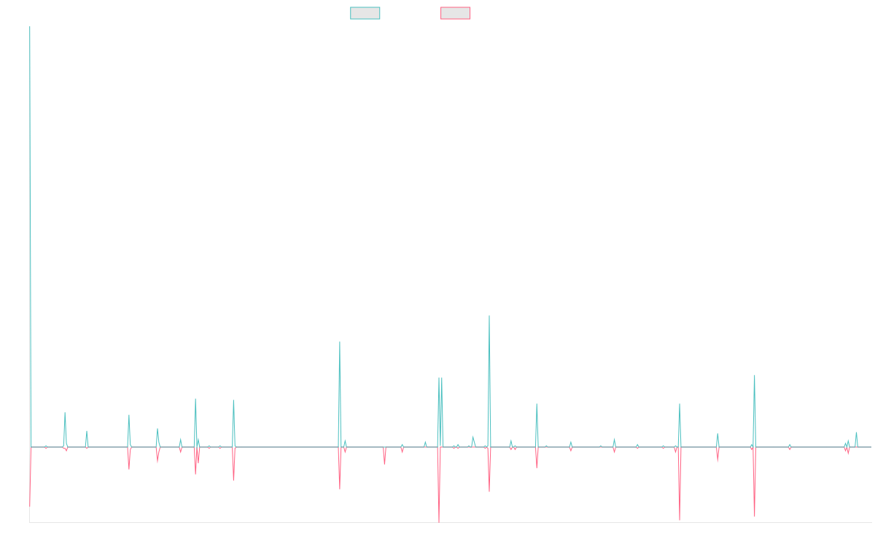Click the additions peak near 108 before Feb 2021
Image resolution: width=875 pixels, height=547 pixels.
(489, 316)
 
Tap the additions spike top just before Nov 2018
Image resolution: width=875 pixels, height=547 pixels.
(340, 342)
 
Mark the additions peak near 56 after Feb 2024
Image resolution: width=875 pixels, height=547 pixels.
(755, 376)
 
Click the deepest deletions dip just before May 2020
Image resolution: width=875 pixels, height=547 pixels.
(439, 521)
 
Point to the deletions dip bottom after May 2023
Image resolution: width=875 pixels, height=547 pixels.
(680, 520)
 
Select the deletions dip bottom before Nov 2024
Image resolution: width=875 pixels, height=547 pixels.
(755, 516)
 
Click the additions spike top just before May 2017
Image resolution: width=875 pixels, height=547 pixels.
(233, 400)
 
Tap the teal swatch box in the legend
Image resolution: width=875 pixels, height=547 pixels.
(365, 13)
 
